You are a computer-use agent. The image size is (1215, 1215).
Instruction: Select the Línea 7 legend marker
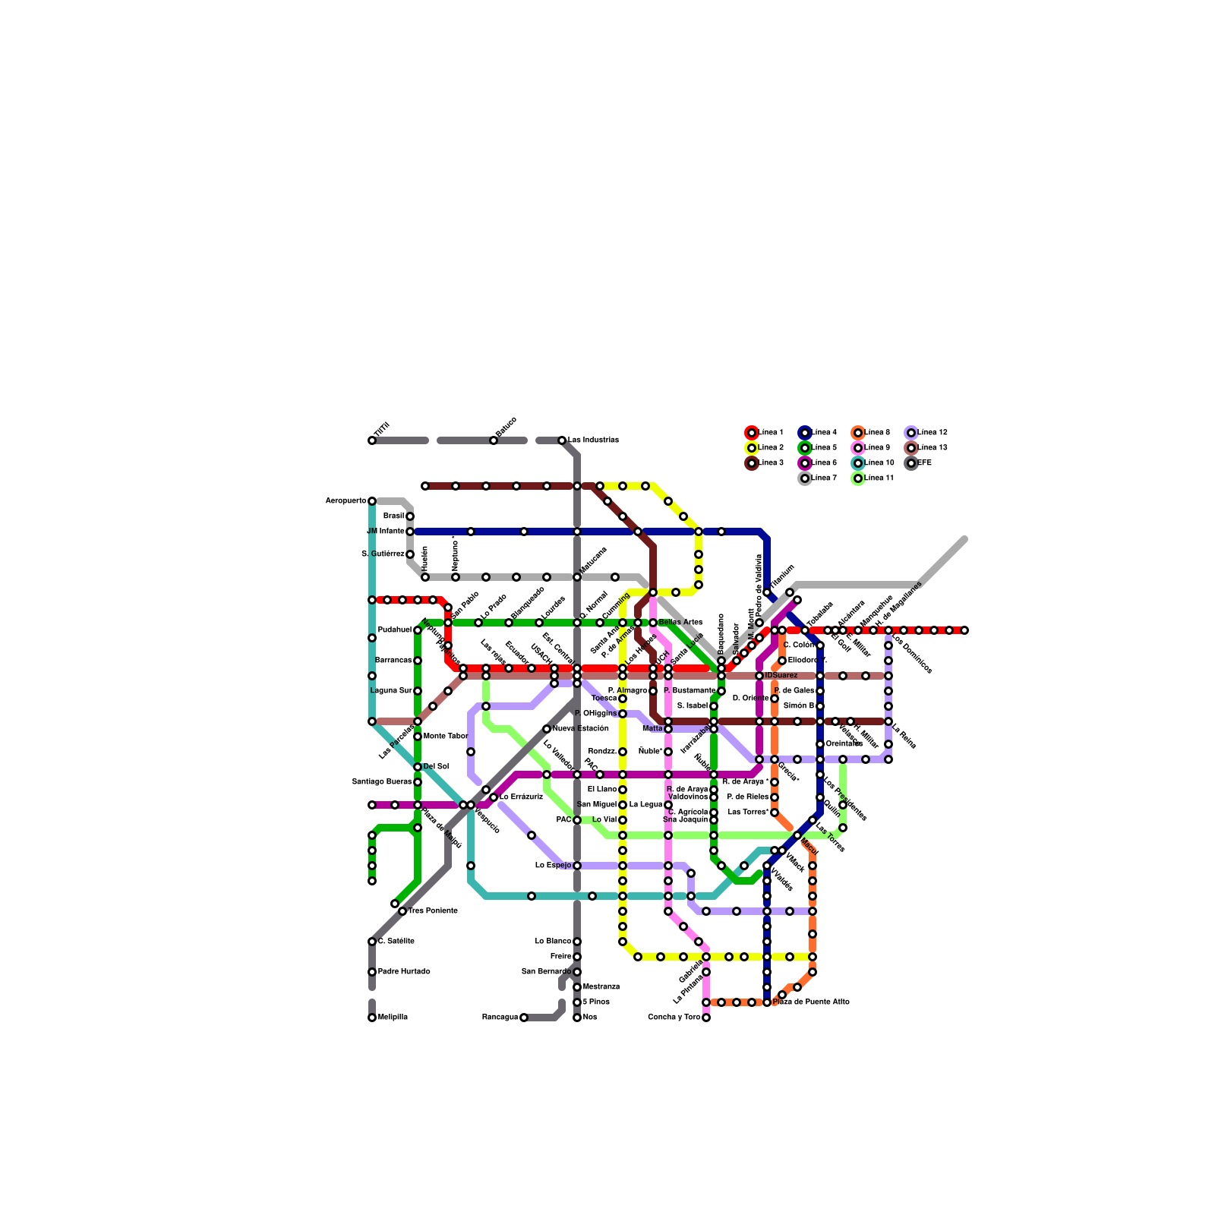pos(805,478)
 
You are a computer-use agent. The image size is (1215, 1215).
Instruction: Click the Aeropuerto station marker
pos(372,501)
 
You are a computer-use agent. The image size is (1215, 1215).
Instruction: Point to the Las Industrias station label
pos(593,440)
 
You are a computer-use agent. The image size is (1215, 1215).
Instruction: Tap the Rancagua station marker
pos(524,1018)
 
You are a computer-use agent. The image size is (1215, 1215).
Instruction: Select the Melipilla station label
pos(393,1018)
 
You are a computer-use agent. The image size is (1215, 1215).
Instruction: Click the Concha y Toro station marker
pos(706,1018)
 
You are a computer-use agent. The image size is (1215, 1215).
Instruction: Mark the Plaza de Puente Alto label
pos(810,1002)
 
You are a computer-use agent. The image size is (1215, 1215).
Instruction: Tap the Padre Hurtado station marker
pos(372,972)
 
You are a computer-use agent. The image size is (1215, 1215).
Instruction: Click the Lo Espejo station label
pos(553,866)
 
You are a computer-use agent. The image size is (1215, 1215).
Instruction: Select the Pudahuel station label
pos(395,630)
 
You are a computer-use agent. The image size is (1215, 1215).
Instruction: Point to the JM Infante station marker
pos(410,532)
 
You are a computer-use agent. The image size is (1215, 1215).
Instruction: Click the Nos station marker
pos(577,1018)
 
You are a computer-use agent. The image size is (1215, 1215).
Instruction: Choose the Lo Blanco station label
pos(553,942)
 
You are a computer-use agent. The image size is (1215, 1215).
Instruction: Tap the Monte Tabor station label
pos(445,737)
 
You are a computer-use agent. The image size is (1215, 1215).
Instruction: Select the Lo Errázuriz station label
pos(521,797)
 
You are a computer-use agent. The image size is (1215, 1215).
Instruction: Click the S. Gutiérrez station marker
pos(410,554)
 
